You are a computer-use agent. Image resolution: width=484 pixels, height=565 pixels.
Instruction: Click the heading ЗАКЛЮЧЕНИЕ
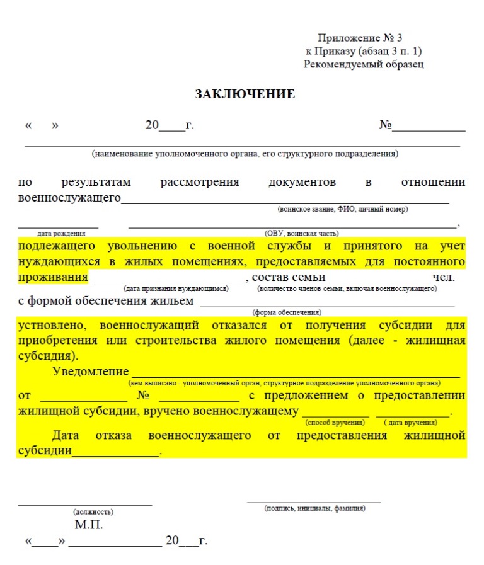[x=245, y=94]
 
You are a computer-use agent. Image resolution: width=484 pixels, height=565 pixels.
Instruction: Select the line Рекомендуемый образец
[x=364, y=64]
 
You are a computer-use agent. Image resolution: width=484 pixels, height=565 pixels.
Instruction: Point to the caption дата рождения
[x=58, y=232]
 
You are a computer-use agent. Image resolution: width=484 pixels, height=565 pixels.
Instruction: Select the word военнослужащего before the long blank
[x=69, y=198]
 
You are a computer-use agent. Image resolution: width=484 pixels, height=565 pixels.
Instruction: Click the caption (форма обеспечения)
[x=287, y=312]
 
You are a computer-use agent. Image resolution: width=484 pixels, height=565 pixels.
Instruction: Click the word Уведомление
[x=91, y=372]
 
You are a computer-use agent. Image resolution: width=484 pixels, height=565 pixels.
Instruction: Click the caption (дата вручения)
[x=411, y=422]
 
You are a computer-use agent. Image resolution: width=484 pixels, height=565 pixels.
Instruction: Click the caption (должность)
[x=93, y=511]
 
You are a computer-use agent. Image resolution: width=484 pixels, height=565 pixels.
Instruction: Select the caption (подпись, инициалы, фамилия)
[x=314, y=508]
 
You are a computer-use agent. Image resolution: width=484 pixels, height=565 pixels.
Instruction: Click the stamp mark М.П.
[x=88, y=525]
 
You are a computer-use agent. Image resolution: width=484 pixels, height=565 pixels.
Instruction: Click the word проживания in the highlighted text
[x=53, y=278]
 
